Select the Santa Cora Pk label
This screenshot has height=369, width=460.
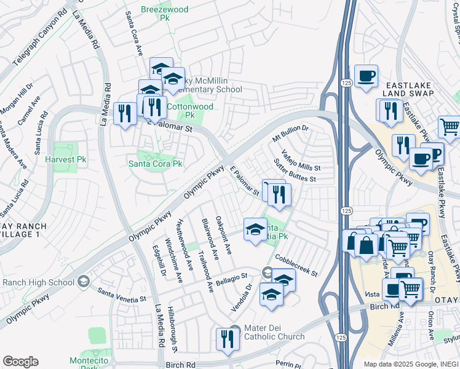(x=155, y=164)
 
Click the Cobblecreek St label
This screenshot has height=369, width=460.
(x=296, y=265)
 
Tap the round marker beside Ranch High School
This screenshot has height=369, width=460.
(x=84, y=282)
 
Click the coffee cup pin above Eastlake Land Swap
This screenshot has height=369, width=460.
(x=366, y=76)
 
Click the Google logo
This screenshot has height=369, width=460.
(x=21, y=362)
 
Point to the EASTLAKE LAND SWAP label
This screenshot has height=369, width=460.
(x=409, y=89)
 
